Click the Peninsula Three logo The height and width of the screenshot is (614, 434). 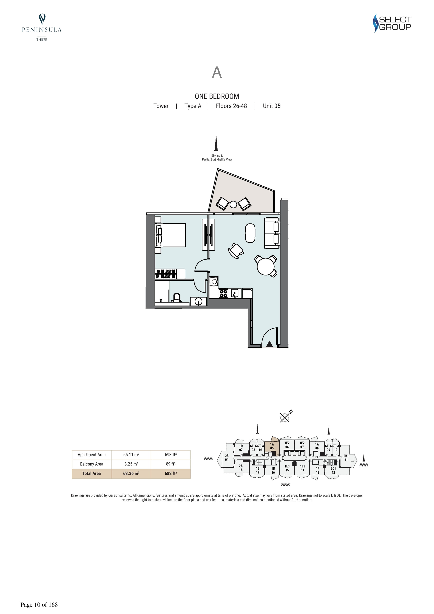tap(42, 27)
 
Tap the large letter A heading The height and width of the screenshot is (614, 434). tap(217, 72)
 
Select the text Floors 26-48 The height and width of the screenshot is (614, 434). tap(231, 106)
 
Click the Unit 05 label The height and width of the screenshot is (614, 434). tap(272, 106)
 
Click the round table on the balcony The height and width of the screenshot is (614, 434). tap(233, 205)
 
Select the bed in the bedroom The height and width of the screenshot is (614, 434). tap(170, 235)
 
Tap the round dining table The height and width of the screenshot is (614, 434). tap(266, 266)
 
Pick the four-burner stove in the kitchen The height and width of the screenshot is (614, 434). tap(224, 293)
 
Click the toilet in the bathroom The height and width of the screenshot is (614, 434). tap(177, 298)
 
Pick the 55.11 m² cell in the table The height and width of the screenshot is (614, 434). tap(131, 455)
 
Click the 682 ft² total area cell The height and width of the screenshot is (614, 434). tap(171, 473)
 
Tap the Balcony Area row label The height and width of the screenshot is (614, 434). tap(91, 464)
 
